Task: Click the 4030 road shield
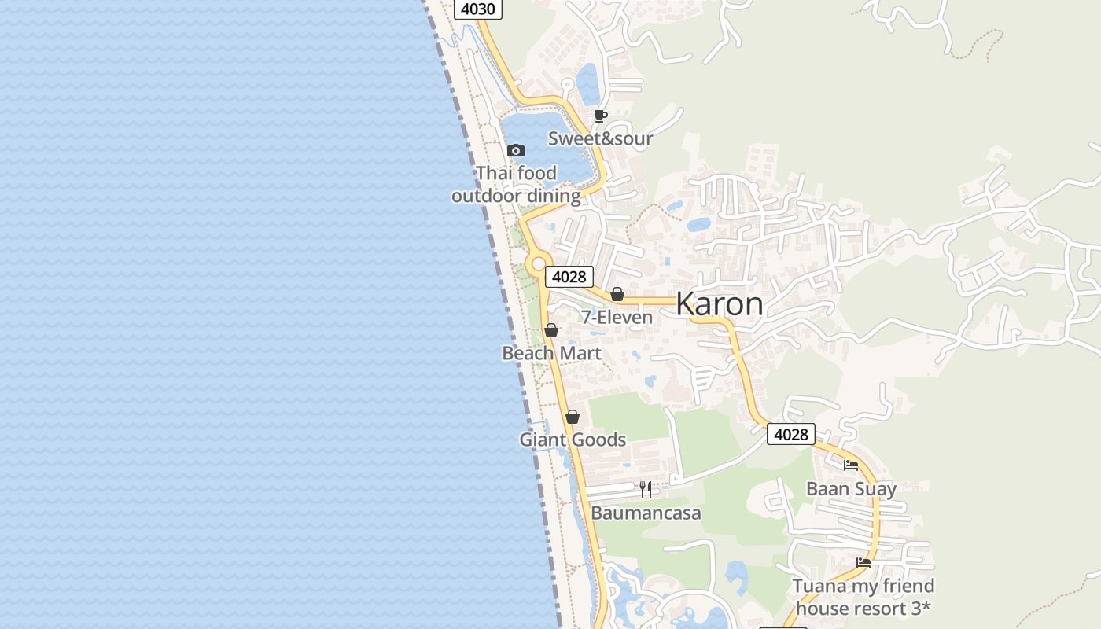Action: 478,9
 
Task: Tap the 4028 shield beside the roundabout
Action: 569,277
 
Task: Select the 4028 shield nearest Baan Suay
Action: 790,434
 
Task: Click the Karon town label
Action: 719,304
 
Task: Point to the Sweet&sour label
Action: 600,139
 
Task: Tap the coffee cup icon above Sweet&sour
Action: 601,116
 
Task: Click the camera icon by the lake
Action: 516,150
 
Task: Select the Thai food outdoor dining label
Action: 516,185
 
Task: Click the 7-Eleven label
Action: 617,318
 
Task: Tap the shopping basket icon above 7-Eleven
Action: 617,294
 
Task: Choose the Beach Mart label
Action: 551,354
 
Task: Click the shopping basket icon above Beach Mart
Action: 551,330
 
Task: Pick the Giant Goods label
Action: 573,440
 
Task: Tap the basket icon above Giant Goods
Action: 573,417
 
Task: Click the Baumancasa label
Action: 646,513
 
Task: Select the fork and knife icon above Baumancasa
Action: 646,490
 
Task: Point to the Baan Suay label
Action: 851,489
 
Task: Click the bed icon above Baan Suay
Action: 851,465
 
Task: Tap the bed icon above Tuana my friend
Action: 863,562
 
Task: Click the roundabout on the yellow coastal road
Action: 538,265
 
